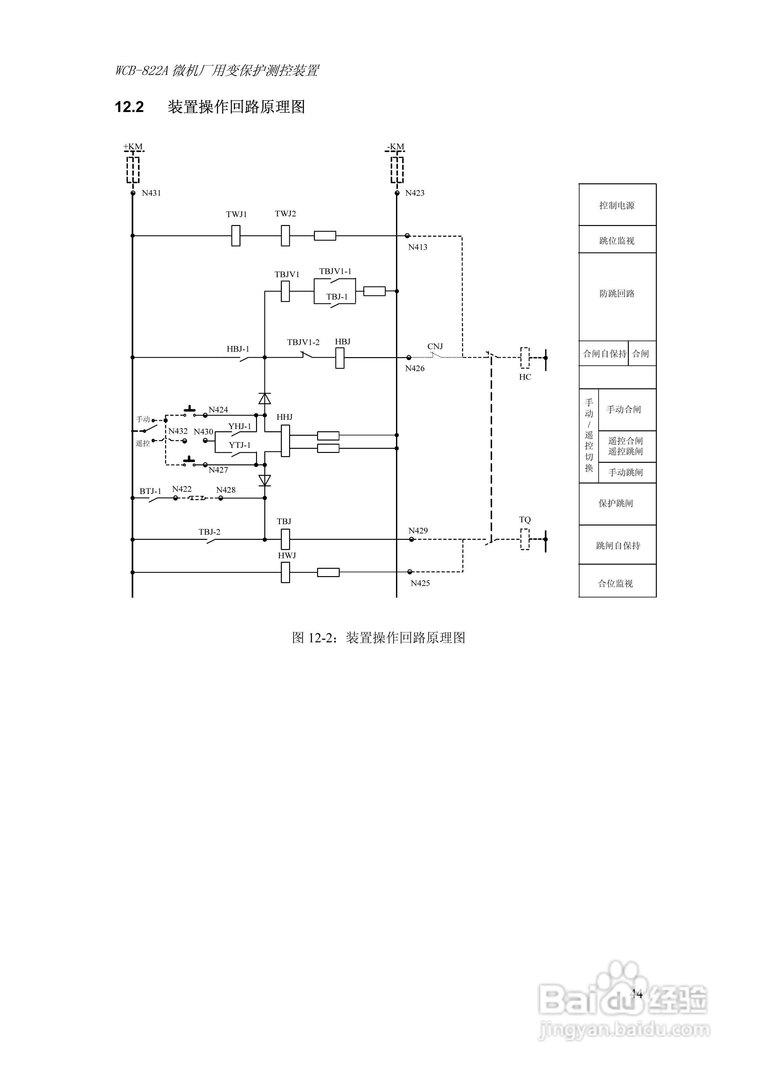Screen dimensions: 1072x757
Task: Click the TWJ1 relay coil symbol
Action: tap(236, 236)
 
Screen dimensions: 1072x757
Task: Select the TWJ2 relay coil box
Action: tap(285, 236)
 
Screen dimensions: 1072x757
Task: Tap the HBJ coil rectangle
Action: tap(340, 358)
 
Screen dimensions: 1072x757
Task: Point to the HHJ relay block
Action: tap(285, 441)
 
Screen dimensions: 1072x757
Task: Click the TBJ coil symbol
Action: tap(285, 539)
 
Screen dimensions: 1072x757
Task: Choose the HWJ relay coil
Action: tap(285, 572)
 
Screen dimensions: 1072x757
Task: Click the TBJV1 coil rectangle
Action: tap(285, 291)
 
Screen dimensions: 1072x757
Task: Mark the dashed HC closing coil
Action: tap(525, 358)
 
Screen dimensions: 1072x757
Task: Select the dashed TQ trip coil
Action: tap(525, 539)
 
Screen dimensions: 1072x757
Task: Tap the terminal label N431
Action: tap(151, 193)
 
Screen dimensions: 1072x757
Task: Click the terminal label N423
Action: tap(414, 193)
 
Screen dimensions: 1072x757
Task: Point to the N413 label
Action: tap(417, 247)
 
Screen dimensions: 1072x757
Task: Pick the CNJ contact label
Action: tap(435, 346)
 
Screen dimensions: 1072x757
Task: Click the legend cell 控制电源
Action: tap(617, 205)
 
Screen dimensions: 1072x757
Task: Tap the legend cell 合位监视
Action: tap(616, 583)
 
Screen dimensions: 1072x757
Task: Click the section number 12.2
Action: tap(129, 107)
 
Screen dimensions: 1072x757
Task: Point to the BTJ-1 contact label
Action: tap(150, 491)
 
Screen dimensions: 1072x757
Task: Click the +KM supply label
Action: tap(133, 147)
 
